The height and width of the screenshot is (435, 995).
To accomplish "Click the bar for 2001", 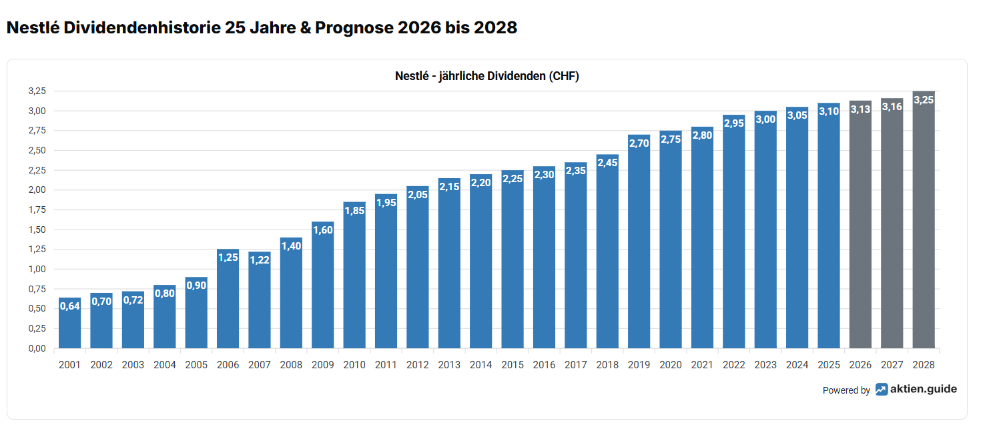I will pyautogui.click(x=69, y=324).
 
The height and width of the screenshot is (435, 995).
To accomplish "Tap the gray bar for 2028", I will pyautogui.click(x=924, y=220).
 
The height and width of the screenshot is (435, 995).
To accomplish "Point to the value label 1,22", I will pyautogui.click(x=260, y=260).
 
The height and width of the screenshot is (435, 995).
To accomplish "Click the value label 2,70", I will pyautogui.click(x=639, y=143).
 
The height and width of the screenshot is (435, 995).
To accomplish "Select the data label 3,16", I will pyautogui.click(x=892, y=107).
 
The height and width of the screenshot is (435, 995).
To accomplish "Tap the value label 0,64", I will pyautogui.click(x=69, y=306).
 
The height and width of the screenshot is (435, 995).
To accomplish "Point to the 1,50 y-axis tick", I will pyautogui.click(x=37, y=230).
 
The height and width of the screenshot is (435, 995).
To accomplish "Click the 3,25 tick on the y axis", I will pyautogui.click(x=37, y=91).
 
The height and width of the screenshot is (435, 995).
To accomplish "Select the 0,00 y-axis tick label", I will pyautogui.click(x=37, y=348).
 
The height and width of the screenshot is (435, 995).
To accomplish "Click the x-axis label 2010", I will pyautogui.click(x=354, y=365).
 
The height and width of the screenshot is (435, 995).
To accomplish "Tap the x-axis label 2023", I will pyautogui.click(x=765, y=365).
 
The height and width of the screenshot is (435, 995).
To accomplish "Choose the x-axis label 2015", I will pyautogui.click(x=513, y=365).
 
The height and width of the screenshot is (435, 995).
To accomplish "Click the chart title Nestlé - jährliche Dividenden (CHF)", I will pyautogui.click(x=486, y=76).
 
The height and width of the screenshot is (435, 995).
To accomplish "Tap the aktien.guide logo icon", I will pyautogui.click(x=882, y=390).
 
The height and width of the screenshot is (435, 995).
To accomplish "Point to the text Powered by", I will pyautogui.click(x=846, y=390).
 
